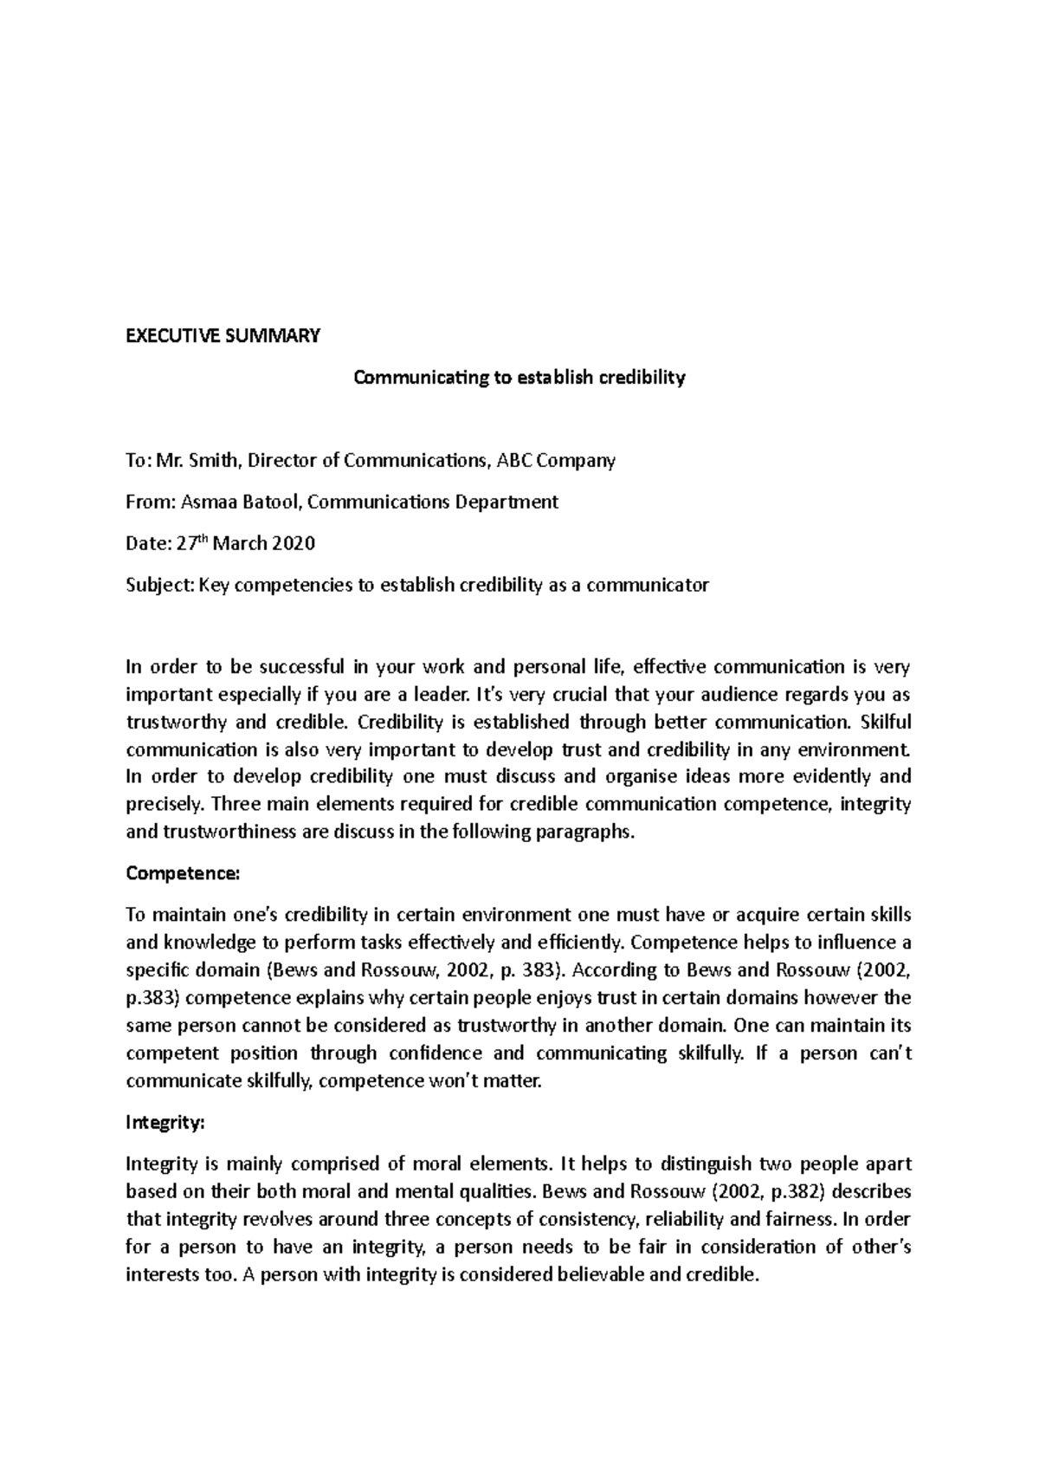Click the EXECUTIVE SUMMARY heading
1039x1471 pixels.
coord(223,335)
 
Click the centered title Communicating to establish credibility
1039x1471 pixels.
coord(519,377)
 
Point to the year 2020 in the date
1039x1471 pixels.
coord(294,544)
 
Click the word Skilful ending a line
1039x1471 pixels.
coord(884,722)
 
